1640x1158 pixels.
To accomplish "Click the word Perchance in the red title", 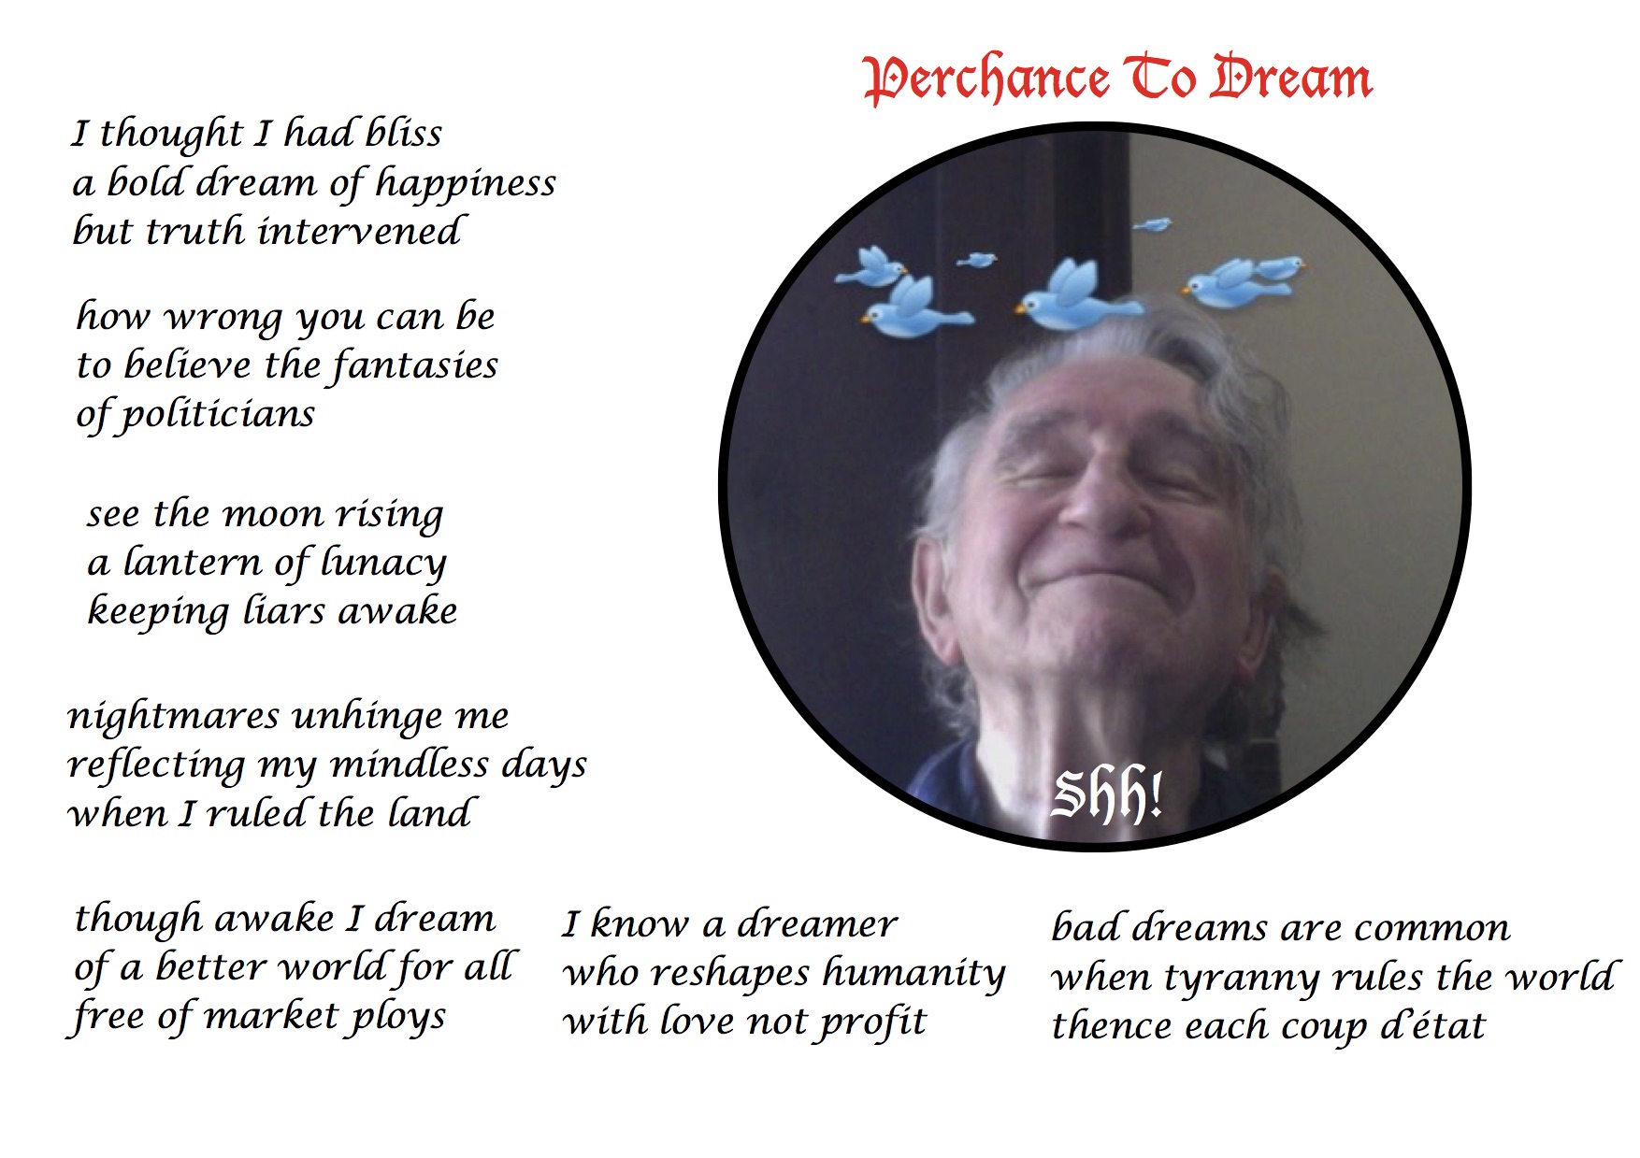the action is pyautogui.click(x=986, y=79).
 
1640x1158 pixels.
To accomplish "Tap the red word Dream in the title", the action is pyautogui.click(x=1291, y=77).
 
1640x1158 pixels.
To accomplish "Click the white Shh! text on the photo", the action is pyautogui.click(x=1107, y=796).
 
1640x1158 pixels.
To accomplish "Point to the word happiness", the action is pyautogui.click(x=465, y=184).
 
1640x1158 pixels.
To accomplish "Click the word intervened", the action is pyautogui.click(x=359, y=231).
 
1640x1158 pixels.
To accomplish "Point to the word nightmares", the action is pyautogui.click(x=173, y=717).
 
